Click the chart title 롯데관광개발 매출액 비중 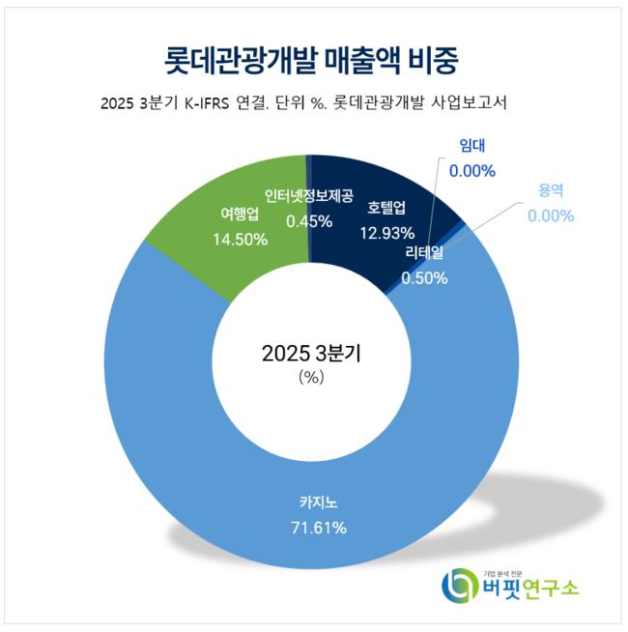coord(310,60)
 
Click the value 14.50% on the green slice coord(240,239)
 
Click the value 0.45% coord(308,220)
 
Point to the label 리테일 coord(424,254)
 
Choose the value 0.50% coord(424,277)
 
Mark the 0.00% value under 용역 coord(551,215)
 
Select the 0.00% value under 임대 coord(472,171)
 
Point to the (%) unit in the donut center coord(310,378)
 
